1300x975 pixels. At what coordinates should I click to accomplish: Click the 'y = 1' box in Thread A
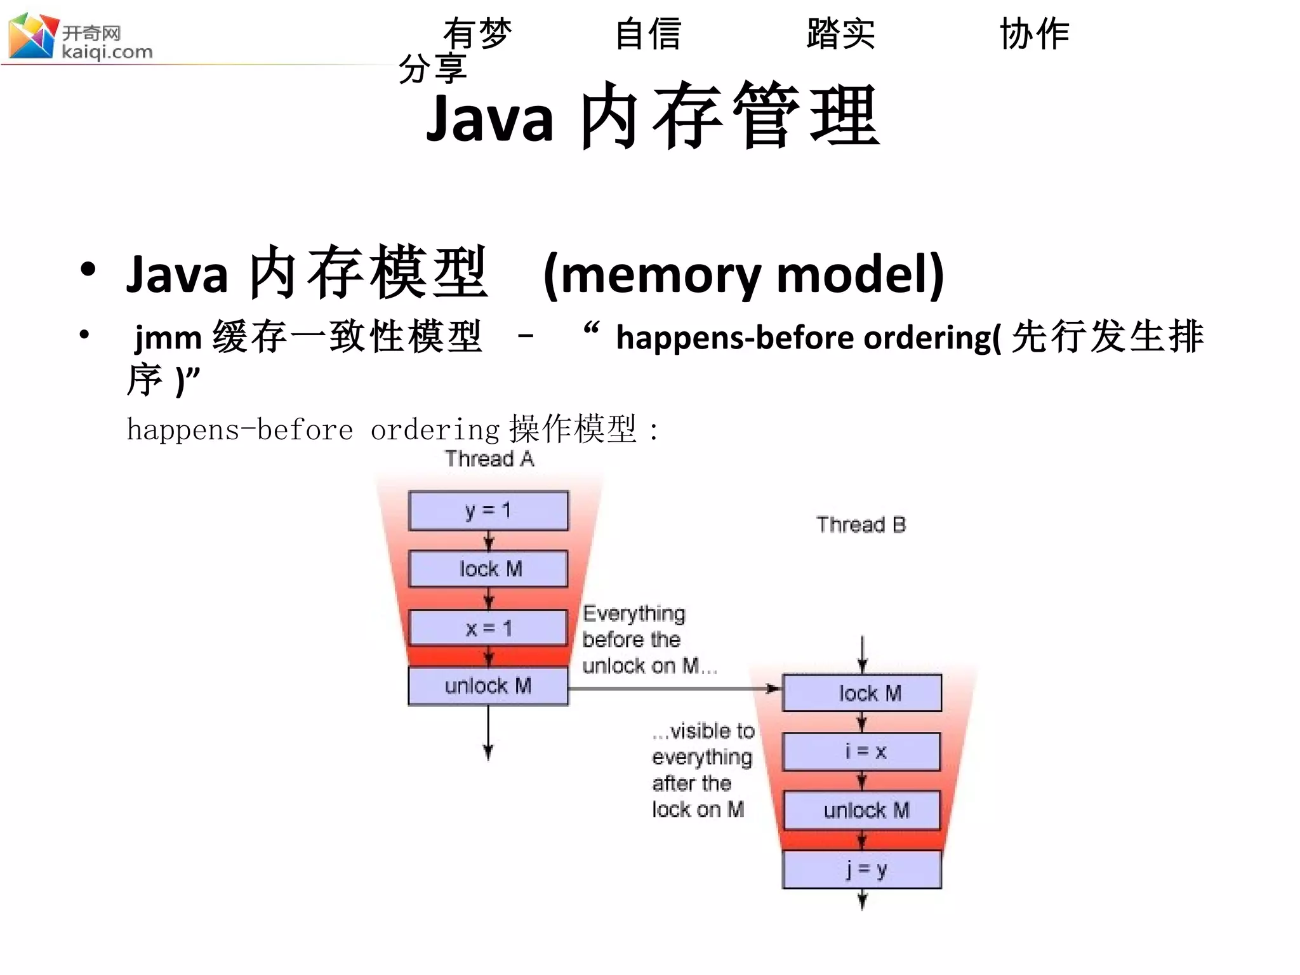pos(488,510)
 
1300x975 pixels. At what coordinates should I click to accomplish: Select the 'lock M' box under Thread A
pos(488,569)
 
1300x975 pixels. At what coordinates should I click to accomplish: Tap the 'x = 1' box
pos(488,628)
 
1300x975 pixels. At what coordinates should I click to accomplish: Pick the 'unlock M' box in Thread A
pos(488,686)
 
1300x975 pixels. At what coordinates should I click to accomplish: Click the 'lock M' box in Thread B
pos(862,693)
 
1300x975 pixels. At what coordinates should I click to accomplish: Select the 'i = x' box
pos(862,752)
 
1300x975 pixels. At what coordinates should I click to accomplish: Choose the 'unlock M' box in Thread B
pos(862,811)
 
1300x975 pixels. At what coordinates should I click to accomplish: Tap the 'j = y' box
pos(862,869)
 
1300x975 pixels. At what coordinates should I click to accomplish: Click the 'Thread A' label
pos(489,458)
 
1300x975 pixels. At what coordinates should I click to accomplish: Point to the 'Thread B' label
pos(861,525)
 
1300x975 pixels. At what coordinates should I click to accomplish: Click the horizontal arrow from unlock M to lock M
pos(673,688)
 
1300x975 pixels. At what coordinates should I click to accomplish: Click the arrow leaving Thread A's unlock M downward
pos(488,733)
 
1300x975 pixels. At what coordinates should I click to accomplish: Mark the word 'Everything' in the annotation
pos(634,614)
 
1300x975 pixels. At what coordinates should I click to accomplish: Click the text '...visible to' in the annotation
pos(703,731)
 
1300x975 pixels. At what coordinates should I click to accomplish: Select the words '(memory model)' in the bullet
pos(743,274)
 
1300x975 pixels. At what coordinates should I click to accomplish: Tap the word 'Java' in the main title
pos(490,118)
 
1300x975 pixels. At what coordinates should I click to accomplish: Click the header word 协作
pos(1035,34)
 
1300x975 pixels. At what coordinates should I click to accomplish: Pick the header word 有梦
pos(477,34)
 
